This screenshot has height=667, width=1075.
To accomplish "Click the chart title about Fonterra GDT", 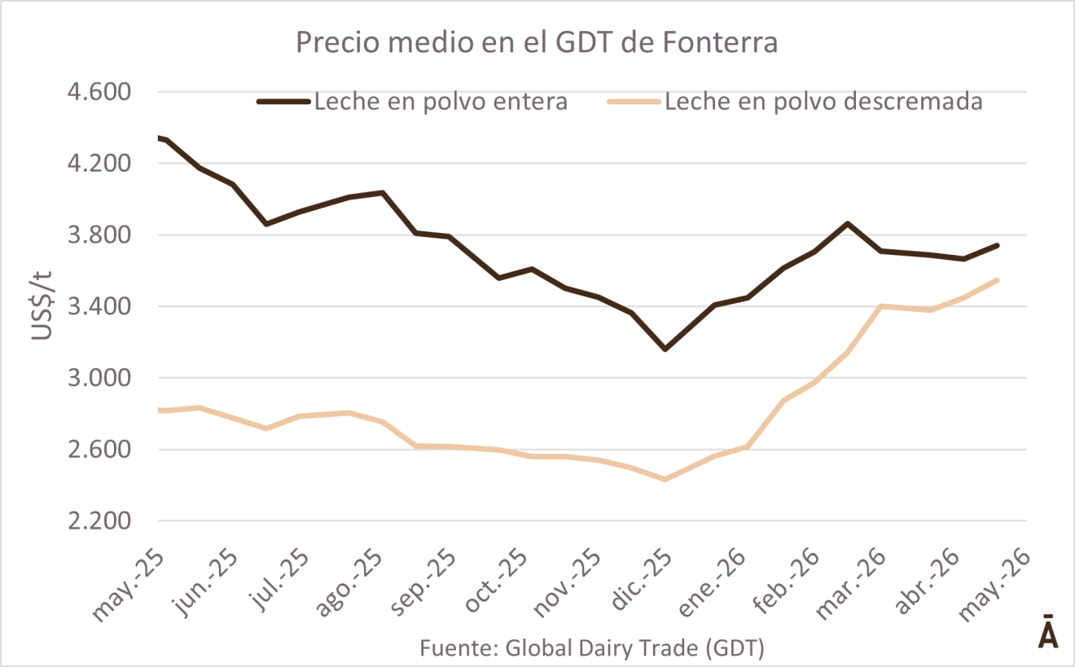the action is point(537,42).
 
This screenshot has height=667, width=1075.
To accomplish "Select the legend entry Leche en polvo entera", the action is point(413,101).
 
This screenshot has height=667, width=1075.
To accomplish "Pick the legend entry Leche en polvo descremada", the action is point(795,101).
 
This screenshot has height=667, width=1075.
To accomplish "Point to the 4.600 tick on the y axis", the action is point(99,92).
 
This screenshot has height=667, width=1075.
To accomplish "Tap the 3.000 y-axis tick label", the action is point(99,378).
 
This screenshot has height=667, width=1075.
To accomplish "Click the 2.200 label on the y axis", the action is point(99,520).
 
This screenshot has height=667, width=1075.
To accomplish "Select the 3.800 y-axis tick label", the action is point(99,235).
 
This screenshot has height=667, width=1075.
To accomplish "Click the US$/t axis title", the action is point(42,305).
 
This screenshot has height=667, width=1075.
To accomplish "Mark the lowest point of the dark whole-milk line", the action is point(665,349).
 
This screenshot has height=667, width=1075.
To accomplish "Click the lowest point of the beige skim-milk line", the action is point(665,479).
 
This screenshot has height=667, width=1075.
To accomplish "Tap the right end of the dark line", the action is point(998,246).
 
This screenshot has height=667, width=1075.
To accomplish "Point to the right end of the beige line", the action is point(998,280).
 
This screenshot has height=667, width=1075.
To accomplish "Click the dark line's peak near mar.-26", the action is point(848,224).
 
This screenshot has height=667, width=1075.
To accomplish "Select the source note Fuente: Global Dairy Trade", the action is point(592,647).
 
